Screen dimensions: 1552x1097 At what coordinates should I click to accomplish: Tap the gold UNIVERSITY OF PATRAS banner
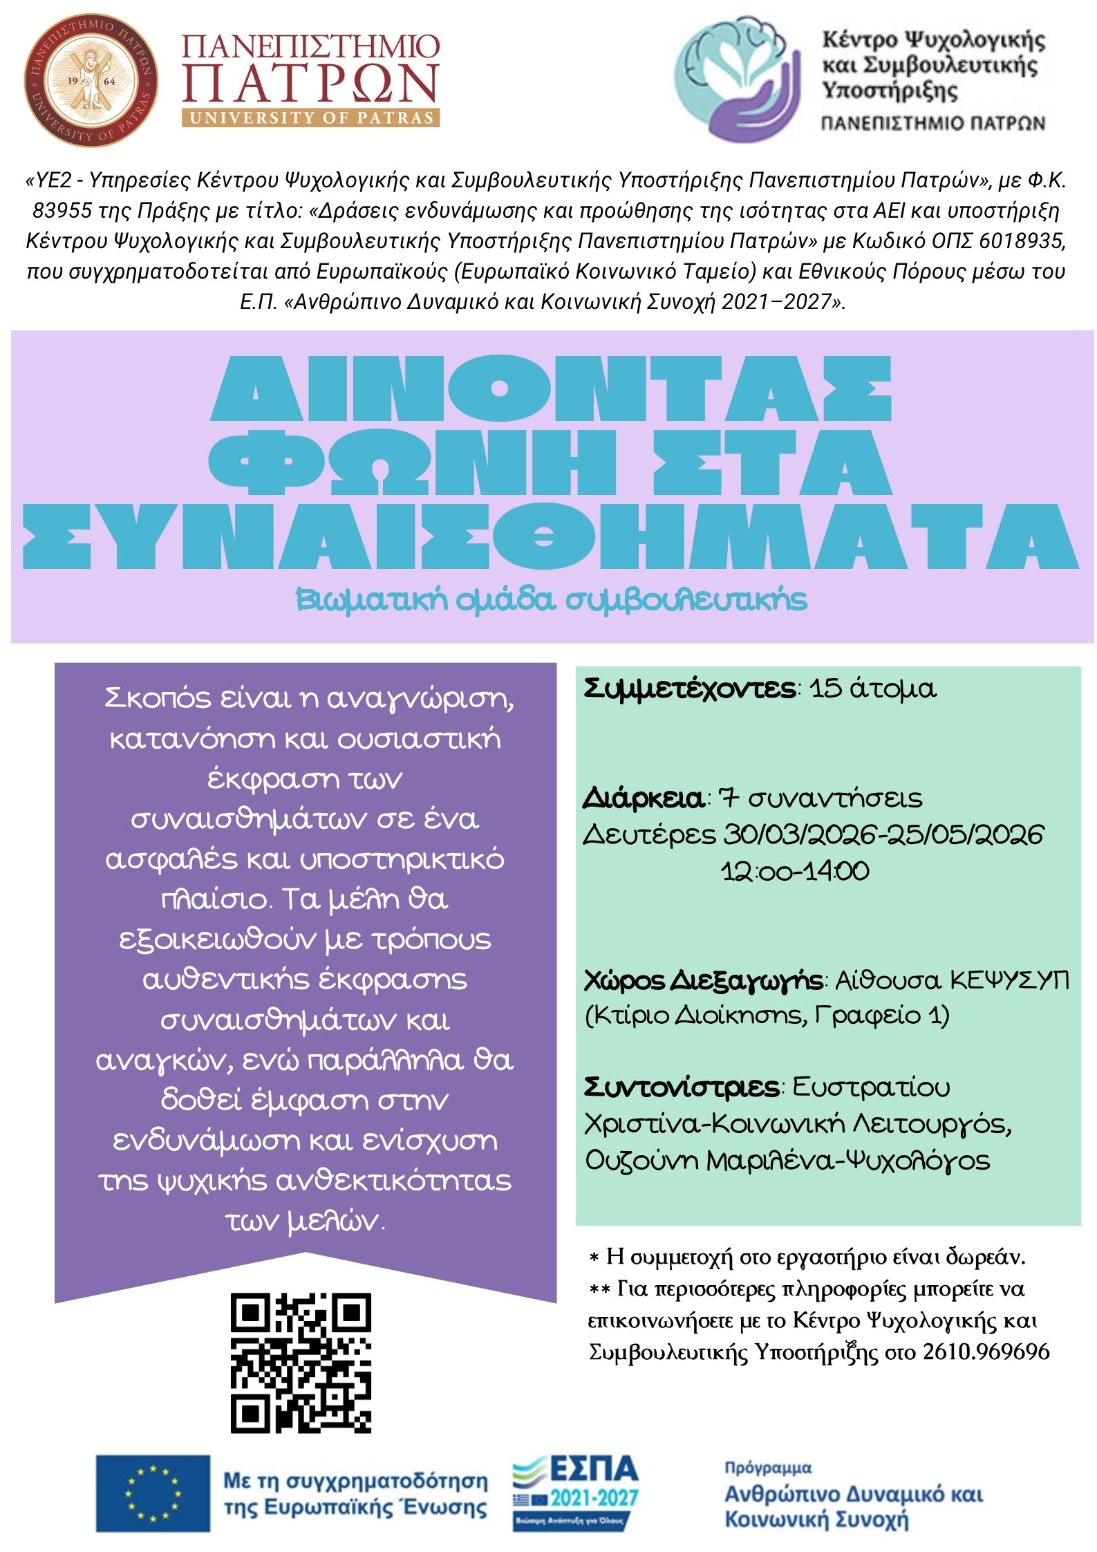coord(310,118)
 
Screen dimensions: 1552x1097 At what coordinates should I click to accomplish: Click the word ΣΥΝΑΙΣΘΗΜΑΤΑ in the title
coord(550,536)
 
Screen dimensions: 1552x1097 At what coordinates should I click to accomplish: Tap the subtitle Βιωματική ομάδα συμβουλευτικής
coord(551,599)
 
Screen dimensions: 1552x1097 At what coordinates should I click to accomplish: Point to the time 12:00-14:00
coord(795,871)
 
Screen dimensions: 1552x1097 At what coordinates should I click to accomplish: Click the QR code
coord(301,1363)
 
